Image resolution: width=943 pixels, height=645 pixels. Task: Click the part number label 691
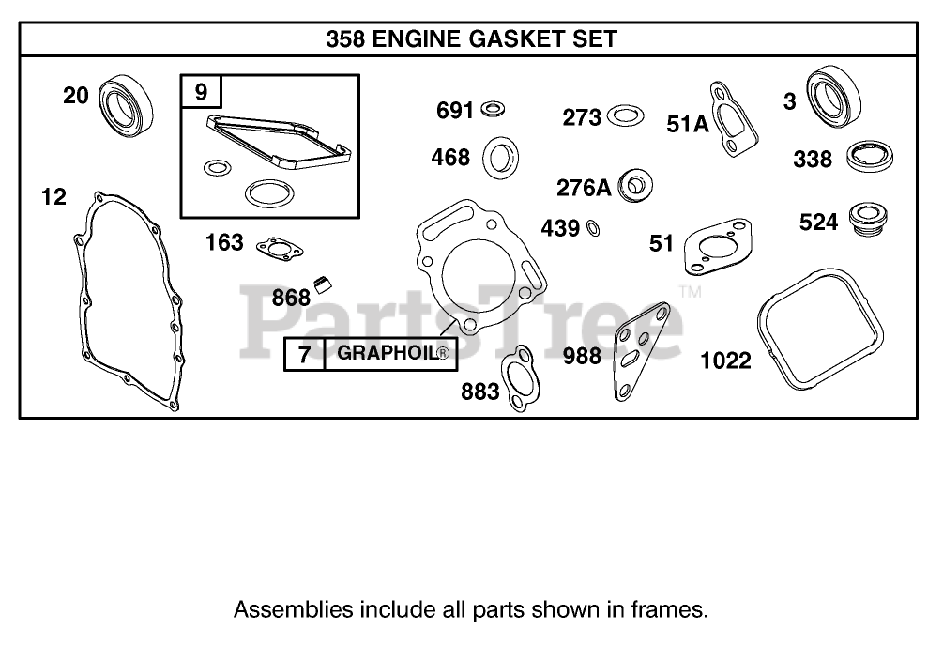tap(456, 111)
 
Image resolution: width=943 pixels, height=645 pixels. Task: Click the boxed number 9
tap(201, 92)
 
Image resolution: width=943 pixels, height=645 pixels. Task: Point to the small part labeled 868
tap(326, 281)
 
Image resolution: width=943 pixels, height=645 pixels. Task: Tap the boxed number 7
tap(304, 355)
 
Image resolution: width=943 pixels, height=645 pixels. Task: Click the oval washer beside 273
tap(625, 116)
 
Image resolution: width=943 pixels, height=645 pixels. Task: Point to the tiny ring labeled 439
tap(593, 228)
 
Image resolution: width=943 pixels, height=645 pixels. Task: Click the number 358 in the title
tap(346, 38)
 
